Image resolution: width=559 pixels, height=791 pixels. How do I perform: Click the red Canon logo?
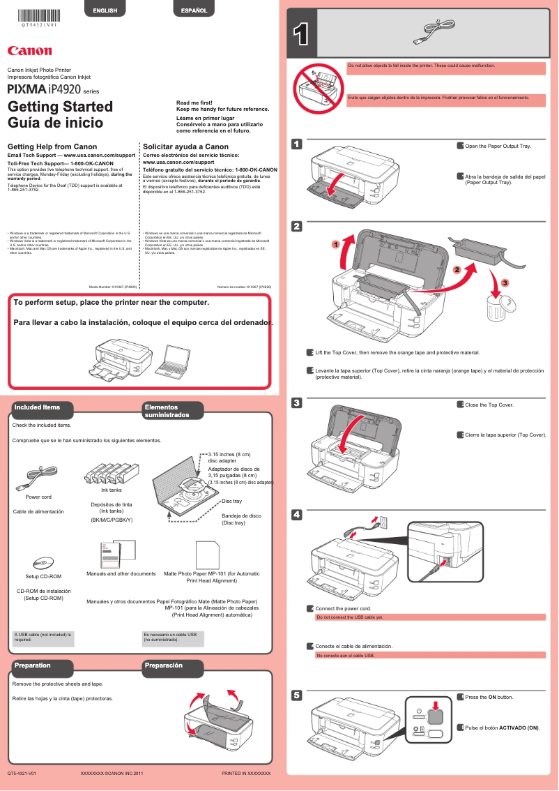(29, 50)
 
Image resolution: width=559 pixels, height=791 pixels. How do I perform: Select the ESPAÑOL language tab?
(194, 10)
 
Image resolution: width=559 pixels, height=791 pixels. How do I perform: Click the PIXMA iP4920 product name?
(45, 90)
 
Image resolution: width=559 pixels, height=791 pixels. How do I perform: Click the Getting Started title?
(60, 107)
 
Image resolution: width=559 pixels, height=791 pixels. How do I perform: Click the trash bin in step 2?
(498, 306)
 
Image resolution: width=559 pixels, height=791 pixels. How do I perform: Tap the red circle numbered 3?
(505, 283)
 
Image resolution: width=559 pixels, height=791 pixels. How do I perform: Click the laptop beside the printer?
(170, 358)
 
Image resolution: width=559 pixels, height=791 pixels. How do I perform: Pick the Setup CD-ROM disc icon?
(43, 562)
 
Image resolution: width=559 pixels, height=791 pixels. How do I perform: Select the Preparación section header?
(163, 665)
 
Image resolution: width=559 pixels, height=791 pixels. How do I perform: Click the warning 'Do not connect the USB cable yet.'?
(350, 617)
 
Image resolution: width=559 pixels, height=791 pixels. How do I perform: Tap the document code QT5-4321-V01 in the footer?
(22, 774)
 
